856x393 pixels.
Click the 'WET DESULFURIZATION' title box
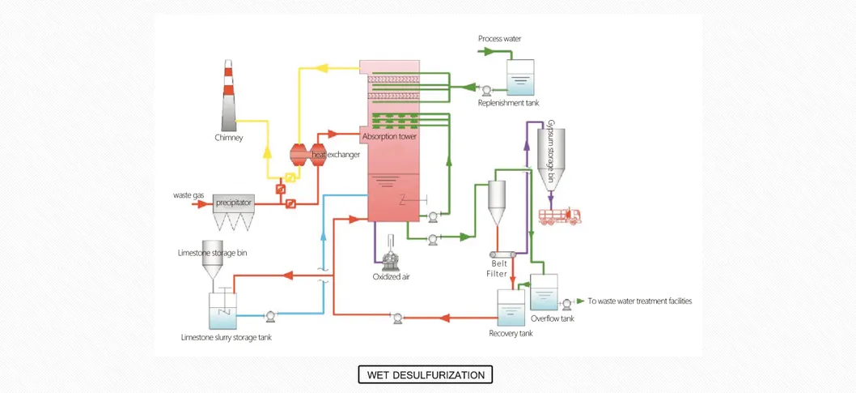pos(426,375)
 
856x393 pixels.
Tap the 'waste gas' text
pos(188,195)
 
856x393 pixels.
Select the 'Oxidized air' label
pos(391,277)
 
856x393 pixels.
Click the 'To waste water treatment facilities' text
pos(639,301)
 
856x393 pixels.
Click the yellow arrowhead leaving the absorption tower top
pos(319,70)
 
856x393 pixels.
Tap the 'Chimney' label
pos(229,138)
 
